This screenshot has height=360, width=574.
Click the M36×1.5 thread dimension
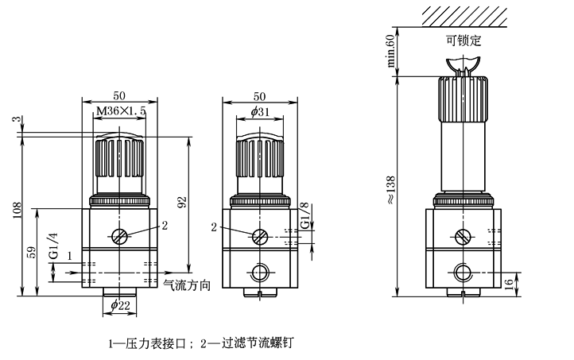pyautogui.click(x=120, y=112)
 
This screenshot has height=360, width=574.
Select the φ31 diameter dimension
pyautogui.click(x=260, y=112)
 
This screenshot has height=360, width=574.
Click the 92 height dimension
pyautogui.click(x=182, y=203)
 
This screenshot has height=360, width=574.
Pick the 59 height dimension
pyautogui.click(x=31, y=253)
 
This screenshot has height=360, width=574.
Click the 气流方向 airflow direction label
pyautogui.click(x=186, y=283)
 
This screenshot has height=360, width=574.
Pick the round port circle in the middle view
pyautogui.click(x=260, y=273)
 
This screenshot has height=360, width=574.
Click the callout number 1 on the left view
pyautogui.click(x=71, y=256)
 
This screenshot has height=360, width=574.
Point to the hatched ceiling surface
pyautogui.click(x=464, y=14)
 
